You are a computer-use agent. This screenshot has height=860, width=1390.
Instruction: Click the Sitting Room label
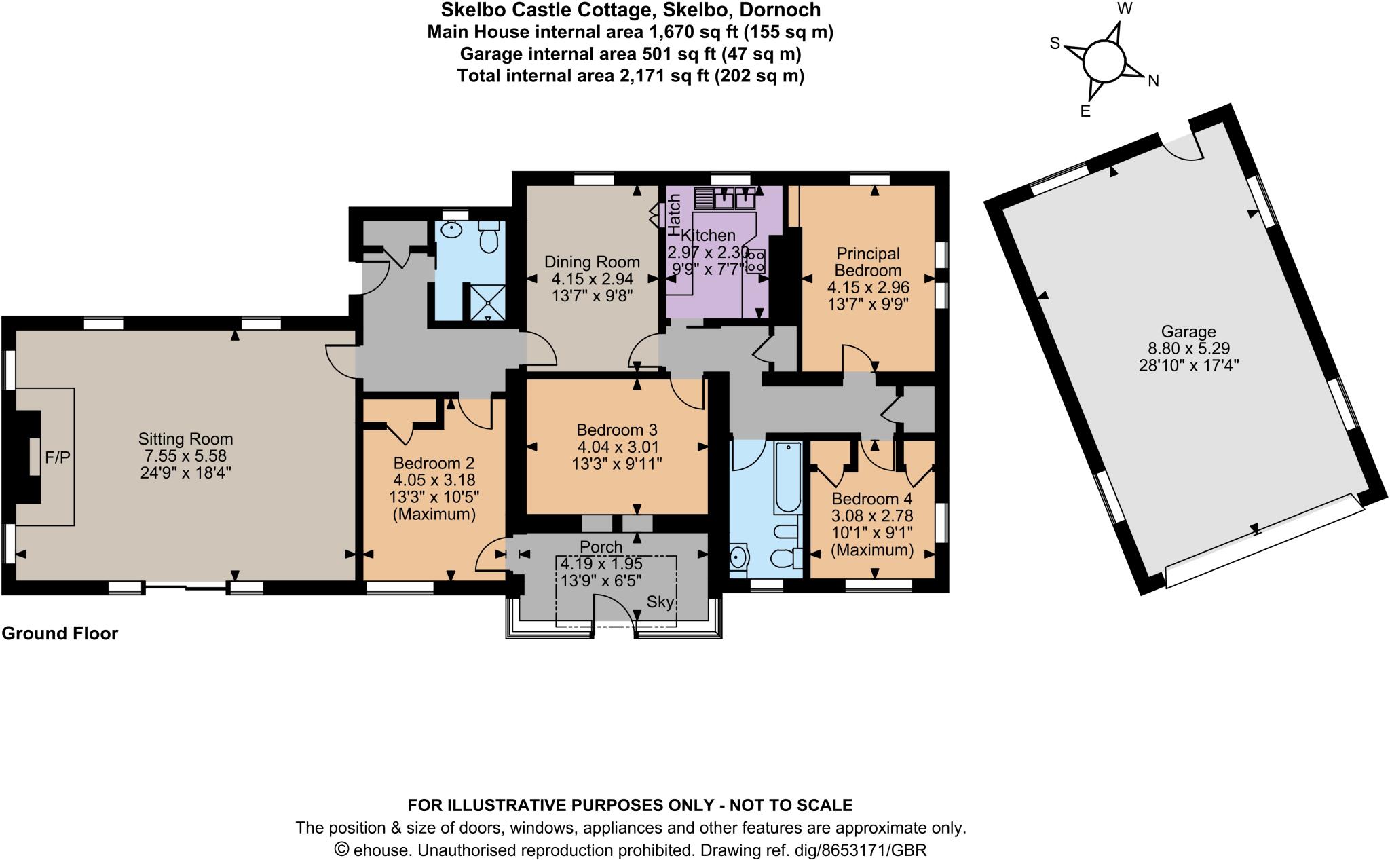click(185, 439)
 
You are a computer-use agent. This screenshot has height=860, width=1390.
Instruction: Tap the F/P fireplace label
click(57, 457)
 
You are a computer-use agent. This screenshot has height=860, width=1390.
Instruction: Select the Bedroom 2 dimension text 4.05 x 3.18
click(434, 480)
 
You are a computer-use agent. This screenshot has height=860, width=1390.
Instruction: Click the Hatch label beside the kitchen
click(674, 214)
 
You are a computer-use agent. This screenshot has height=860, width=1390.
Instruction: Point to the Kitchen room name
click(708, 236)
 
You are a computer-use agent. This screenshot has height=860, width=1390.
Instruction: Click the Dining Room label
click(592, 262)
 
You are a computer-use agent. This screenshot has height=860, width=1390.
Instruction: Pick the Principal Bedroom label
click(868, 261)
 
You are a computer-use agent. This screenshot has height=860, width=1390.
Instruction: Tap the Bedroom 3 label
click(616, 430)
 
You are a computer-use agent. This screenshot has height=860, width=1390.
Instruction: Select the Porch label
click(601, 546)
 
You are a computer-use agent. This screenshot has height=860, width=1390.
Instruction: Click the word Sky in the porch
click(660, 602)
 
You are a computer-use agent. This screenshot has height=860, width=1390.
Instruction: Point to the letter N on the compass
click(1152, 81)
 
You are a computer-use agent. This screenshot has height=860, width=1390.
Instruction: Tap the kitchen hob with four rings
click(755, 261)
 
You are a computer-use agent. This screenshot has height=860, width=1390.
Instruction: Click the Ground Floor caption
click(60, 633)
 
